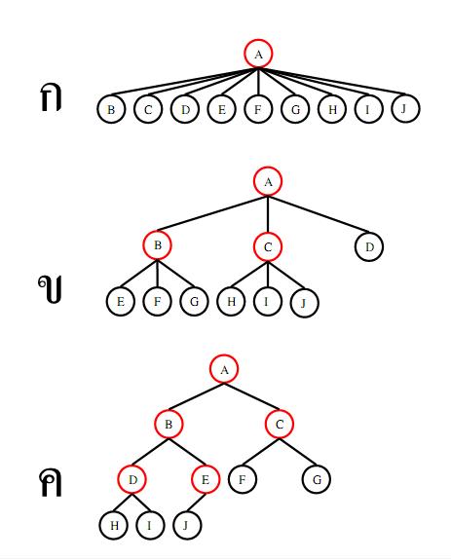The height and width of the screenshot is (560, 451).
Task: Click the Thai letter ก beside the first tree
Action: click(x=51, y=97)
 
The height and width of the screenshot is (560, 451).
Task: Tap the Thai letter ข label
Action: click(x=50, y=289)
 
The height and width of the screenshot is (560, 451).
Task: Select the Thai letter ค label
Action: click(x=51, y=482)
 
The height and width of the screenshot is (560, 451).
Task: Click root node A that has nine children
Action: click(x=258, y=54)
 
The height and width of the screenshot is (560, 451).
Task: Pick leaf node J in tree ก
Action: click(x=405, y=108)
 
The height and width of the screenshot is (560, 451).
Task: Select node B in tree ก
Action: click(x=111, y=109)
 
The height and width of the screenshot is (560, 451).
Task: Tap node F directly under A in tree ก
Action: click(x=258, y=109)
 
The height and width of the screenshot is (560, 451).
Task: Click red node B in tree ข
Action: click(x=157, y=245)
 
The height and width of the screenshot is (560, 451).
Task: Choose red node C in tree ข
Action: click(x=268, y=246)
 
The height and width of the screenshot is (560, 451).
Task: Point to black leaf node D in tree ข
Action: click(x=369, y=246)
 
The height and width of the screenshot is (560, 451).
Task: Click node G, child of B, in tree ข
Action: click(x=194, y=302)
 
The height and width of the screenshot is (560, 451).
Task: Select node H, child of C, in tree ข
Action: click(x=232, y=301)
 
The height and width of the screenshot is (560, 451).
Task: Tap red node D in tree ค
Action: click(x=132, y=479)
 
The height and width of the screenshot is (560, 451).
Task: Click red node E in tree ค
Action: click(x=206, y=479)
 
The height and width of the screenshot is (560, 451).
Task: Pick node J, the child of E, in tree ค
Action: click(x=187, y=525)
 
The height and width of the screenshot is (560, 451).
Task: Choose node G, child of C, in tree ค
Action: click(x=317, y=479)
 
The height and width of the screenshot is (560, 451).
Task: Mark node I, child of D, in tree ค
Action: click(x=150, y=525)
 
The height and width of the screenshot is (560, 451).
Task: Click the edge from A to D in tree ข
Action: click(x=319, y=214)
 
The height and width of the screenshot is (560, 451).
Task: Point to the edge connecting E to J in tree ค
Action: click(x=196, y=503)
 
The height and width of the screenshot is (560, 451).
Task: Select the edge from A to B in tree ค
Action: click(x=196, y=396)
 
